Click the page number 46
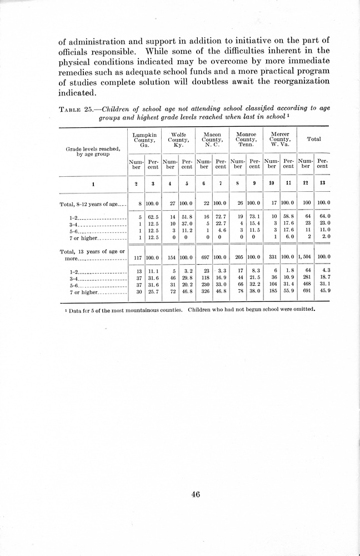(x=195, y=494)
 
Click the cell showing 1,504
(x=304, y=257)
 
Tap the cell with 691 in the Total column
(x=305, y=292)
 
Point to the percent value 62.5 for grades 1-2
(x=154, y=216)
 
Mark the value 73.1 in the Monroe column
(x=254, y=216)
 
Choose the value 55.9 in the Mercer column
(x=288, y=292)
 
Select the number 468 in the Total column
(x=305, y=285)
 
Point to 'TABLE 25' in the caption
(x=75, y=109)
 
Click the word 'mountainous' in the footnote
(x=153, y=310)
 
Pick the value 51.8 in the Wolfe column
(x=187, y=216)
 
